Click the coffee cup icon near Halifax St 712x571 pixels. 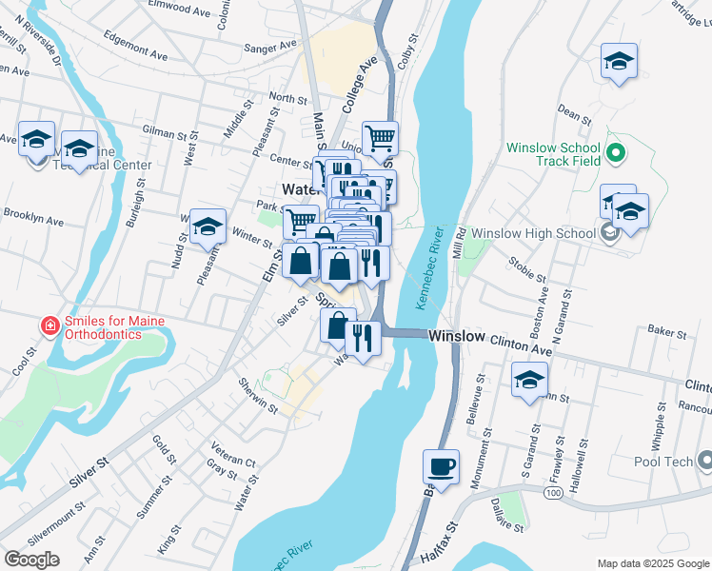440,467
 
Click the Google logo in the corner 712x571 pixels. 32,559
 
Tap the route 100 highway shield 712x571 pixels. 552,494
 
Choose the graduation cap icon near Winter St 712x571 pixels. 208,227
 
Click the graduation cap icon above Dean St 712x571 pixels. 619,62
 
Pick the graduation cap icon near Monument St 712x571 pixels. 530,381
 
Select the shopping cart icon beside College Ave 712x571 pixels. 380,139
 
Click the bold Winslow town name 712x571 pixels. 456,337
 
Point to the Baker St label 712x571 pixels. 666,334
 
